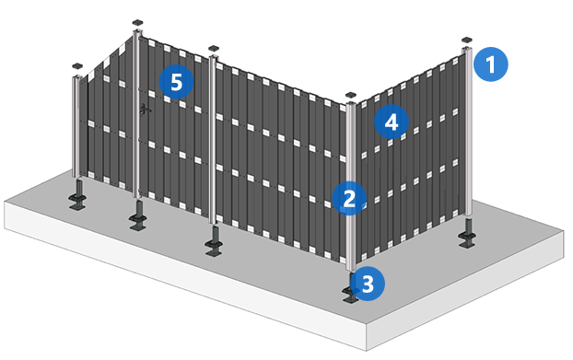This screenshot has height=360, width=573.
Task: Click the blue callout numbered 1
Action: pos(490,64)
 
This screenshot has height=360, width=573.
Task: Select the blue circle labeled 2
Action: pos(349,198)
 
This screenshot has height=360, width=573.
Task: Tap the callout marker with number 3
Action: pos(368,284)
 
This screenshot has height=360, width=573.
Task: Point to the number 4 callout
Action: pos(392,122)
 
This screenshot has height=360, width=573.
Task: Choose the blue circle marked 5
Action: pos(176,81)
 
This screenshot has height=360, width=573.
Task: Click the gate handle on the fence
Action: pos(145,109)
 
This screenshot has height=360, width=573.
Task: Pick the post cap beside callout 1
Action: pos(467,40)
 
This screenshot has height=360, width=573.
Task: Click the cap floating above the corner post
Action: pos(351,95)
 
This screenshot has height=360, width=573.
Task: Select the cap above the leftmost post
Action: pos(77,66)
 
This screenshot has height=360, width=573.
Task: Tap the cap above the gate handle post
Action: pos(137,23)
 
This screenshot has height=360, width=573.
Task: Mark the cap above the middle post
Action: pos(213,48)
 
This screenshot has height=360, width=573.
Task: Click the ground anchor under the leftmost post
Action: pos(78,195)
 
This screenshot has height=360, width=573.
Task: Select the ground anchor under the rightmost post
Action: pos(467,234)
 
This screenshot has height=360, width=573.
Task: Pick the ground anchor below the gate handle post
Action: pos(138,215)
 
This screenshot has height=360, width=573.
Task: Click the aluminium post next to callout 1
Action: pos(467,132)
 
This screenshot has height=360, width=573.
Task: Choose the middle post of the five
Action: pos(213,139)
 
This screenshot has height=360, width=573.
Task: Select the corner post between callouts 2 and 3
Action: pos(351,186)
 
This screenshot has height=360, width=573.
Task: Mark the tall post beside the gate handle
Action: pos(136,114)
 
